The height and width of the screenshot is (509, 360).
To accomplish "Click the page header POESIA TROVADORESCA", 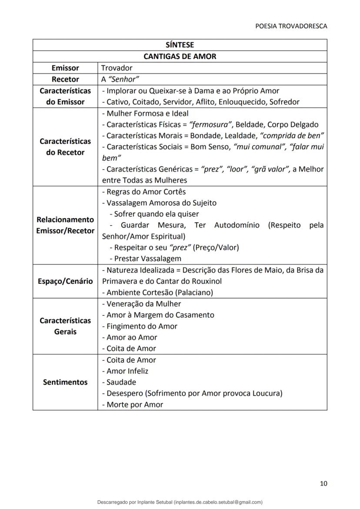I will click(291, 26).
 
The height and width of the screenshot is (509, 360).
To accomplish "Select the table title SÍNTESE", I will click(180, 45).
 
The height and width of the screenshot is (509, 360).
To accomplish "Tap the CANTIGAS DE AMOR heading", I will click(180, 57).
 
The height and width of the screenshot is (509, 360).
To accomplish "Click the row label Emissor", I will click(65, 68).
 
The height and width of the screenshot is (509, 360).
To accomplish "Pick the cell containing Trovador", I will click(117, 68).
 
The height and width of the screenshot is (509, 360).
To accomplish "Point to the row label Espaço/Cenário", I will click(65, 281).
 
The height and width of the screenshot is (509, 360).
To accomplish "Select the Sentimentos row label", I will click(65, 382).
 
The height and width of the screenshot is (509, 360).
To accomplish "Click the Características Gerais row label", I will click(65, 326).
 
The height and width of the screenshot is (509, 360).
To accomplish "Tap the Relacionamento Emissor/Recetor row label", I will click(65, 225).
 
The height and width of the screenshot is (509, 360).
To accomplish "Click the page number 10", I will click(323, 483).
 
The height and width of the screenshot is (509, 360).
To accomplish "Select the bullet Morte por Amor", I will click(133, 405).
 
